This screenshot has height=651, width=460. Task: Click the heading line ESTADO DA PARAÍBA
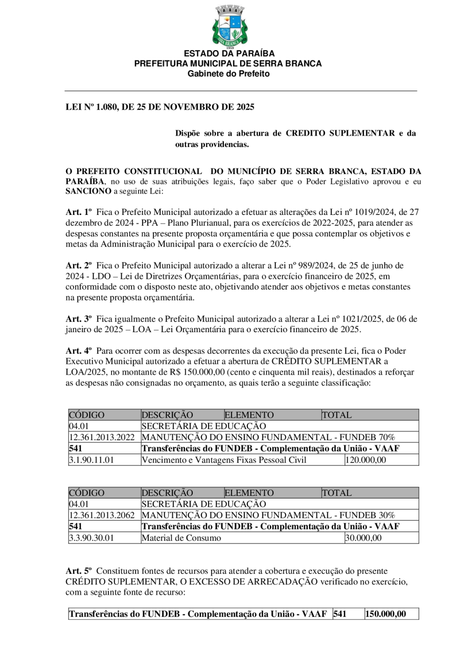(x=229, y=54)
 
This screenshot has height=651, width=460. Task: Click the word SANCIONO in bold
(x=88, y=191)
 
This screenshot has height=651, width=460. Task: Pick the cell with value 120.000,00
(x=366, y=460)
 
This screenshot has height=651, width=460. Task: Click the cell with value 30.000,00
(x=364, y=538)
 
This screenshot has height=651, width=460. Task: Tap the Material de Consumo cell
(x=181, y=538)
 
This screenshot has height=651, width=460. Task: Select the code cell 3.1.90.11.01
(x=92, y=460)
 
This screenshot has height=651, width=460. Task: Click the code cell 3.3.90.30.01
(x=92, y=538)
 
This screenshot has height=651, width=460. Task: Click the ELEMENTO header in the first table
(x=249, y=415)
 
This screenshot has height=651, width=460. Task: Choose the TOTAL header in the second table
(x=337, y=493)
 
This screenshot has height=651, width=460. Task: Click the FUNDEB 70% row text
(x=268, y=437)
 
